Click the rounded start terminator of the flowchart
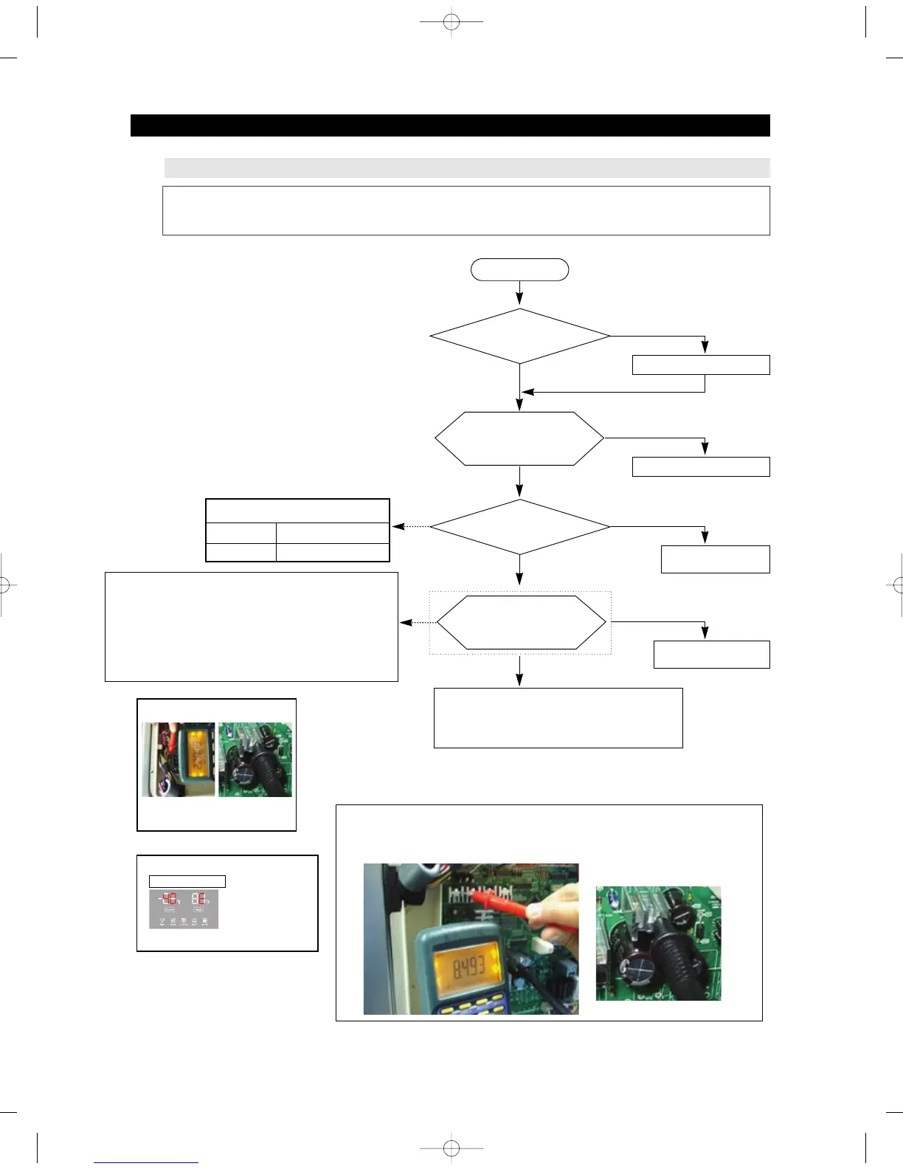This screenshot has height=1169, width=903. (x=519, y=270)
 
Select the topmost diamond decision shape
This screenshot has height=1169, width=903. (x=519, y=336)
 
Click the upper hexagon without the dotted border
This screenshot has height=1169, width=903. (x=519, y=438)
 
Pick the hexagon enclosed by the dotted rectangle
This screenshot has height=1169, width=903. (x=521, y=622)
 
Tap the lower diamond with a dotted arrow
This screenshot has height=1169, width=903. (x=519, y=527)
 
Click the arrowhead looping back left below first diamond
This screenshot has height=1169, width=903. (x=527, y=392)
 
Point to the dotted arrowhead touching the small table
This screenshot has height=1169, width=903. (x=397, y=527)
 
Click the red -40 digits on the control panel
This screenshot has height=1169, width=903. (x=169, y=899)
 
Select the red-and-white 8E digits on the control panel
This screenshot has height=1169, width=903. (x=198, y=899)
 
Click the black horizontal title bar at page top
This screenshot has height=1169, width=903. (x=450, y=125)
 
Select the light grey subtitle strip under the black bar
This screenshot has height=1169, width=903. (x=466, y=168)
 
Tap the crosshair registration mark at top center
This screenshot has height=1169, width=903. (x=451, y=23)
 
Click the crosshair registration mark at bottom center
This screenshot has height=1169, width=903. (x=451, y=1148)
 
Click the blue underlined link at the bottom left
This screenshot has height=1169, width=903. (x=146, y=1162)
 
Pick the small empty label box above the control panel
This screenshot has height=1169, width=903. (x=187, y=881)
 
